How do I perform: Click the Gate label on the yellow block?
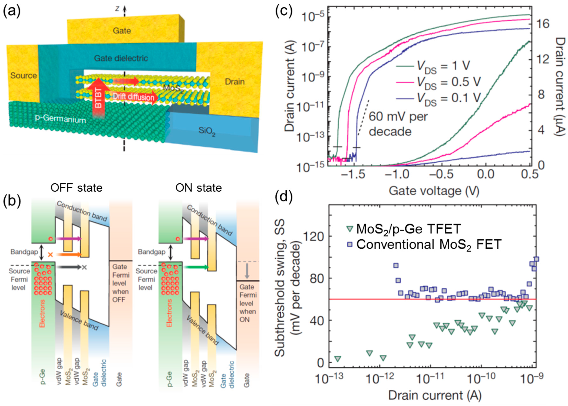pos(122,31)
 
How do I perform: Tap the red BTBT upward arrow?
pos(99,98)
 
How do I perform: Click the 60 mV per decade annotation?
pos(398,124)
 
